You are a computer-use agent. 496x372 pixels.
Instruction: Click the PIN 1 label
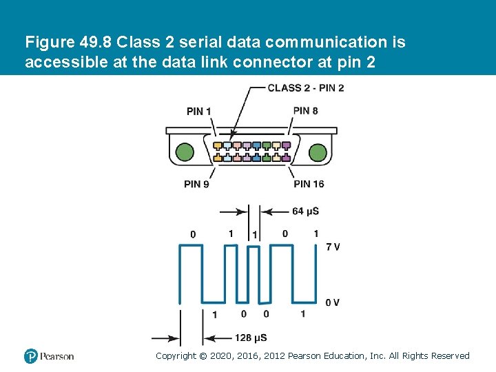(x=198, y=112)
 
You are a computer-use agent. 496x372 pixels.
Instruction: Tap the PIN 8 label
(x=305, y=110)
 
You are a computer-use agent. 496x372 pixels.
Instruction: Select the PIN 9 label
(x=196, y=184)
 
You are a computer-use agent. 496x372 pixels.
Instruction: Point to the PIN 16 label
(x=309, y=184)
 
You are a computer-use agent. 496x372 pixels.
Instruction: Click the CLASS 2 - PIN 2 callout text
(x=305, y=87)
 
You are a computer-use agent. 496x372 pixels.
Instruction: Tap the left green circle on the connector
(x=185, y=152)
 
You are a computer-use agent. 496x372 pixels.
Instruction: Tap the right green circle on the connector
(x=318, y=152)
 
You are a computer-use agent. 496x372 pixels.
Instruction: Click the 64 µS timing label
(x=305, y=211)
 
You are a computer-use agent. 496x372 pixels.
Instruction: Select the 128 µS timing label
(x=251, y=338)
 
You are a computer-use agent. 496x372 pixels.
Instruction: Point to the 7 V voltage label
(x=332, y=247)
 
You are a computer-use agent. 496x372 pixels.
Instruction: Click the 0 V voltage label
(x=332, y=302)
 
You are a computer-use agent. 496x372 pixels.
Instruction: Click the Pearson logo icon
(x=30, y=356)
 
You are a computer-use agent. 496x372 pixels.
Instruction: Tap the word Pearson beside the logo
(x=57, y=356)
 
